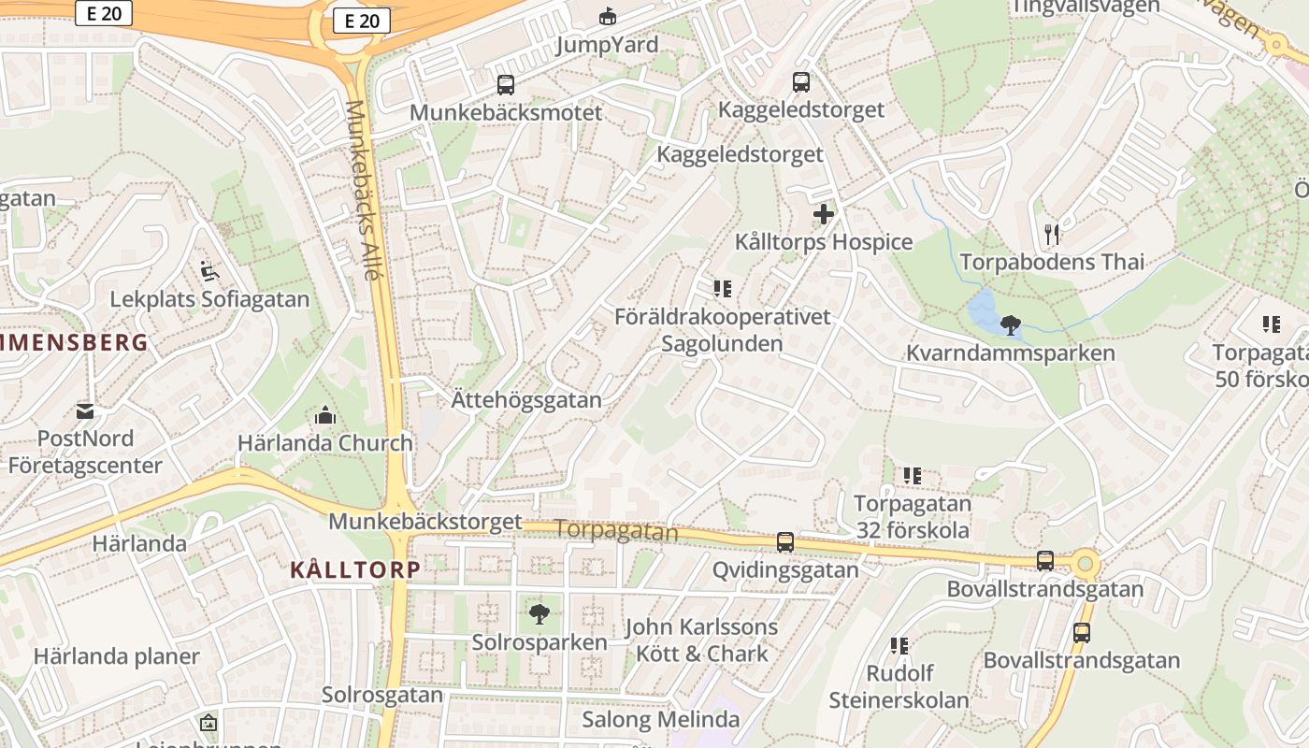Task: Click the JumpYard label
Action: click(x=607, y=44)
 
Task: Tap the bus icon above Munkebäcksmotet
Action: click(x=506, y=85)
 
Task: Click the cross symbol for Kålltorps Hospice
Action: click(x=823, y=215)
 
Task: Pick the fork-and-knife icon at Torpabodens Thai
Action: click(x=1052, y=234)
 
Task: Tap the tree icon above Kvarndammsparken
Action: click(x=1010, y=325)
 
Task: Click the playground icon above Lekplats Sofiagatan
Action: click(x=209, y=272)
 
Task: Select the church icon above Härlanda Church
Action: click(x=325, y=415)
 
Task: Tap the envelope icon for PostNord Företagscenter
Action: click(x=85, y=410)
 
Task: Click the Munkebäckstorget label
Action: click(x=424, y=522)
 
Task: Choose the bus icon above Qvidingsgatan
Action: click(x=785, y=542)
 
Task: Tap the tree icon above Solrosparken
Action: click(x=539, y=614)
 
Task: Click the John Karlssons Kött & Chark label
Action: click(x=701, y=640)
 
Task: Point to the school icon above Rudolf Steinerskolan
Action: click(x=899, y=645)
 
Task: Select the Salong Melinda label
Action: click(x=660, y=719)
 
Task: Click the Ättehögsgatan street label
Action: click(x=526, y=400)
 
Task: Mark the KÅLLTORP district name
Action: click(x=355, y=569)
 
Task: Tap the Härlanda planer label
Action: click(x=117, y=655)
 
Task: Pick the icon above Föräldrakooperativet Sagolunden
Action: click(x=722, y=288)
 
